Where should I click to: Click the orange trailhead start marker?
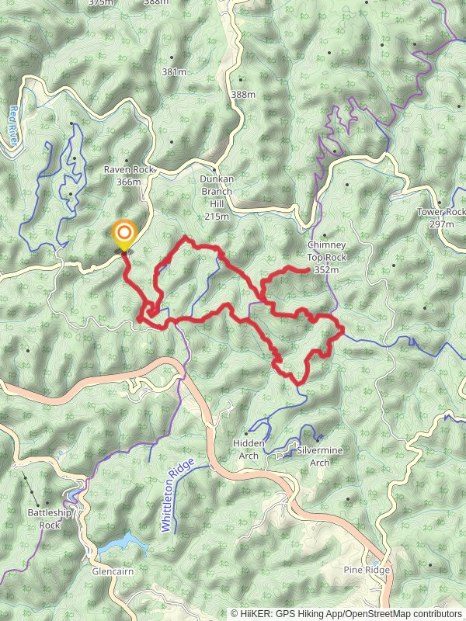click(123, 233)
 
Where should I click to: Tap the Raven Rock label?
click(130, 169)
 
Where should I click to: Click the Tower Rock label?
click(441, 212)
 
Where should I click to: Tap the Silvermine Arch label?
click(319, 456)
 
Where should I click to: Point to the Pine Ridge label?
click(366, 571)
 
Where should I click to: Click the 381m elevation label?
click(174, 72)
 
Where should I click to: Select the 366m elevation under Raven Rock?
click(129, 182)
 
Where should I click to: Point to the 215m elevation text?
click(217, 217)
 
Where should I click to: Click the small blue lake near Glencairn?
click(124, 542)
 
